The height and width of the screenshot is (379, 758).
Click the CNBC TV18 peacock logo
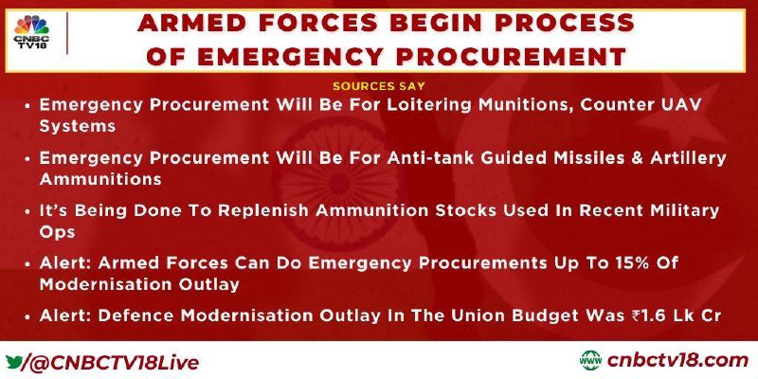pos(31,32)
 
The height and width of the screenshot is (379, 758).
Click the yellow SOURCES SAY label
pos(378,86)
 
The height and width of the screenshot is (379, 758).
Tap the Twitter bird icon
pos(14,362)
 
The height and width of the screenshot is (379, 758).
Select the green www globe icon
pos(590,361)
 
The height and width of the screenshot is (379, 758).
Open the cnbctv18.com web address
pos(677,361)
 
